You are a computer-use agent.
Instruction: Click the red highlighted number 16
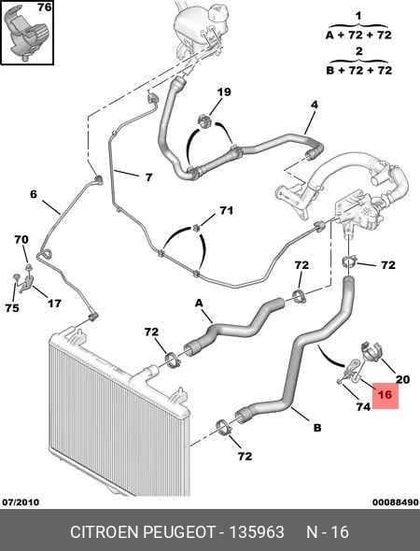point(385,395)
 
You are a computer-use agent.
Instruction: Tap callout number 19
point(224,92)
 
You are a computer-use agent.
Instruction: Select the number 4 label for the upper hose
point(315,105)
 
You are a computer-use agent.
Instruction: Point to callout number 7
point(148,177)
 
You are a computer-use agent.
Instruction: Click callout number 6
point(34,194)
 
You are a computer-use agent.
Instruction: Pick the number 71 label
point(227,210)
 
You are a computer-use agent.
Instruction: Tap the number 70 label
point(21,240)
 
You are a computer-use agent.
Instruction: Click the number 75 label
point(12,308)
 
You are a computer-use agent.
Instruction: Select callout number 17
point(54,304)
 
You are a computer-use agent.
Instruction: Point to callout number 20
point(403,379)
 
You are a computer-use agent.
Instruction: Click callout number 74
point(363,406)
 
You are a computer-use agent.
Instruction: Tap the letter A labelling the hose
point(199,303)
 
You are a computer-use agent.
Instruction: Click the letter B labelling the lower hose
point(317,428)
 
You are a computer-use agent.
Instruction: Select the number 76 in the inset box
point(45,7)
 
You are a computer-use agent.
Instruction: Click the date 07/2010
point(21,502)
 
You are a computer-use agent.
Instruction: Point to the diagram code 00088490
point(396,502)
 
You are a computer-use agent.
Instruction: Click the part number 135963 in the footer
point(257,532)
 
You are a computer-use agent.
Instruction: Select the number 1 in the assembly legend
point(358,16)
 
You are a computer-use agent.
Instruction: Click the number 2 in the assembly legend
point(359,51)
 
